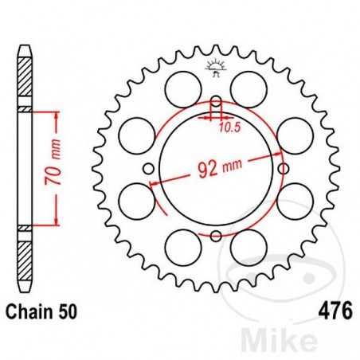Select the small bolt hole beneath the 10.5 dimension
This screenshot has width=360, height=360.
pos(215,103)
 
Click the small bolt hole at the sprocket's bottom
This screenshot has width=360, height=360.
pos(215,233)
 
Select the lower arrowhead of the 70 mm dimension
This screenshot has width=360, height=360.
pos(55,222)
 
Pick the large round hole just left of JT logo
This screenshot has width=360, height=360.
pos(182,82)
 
